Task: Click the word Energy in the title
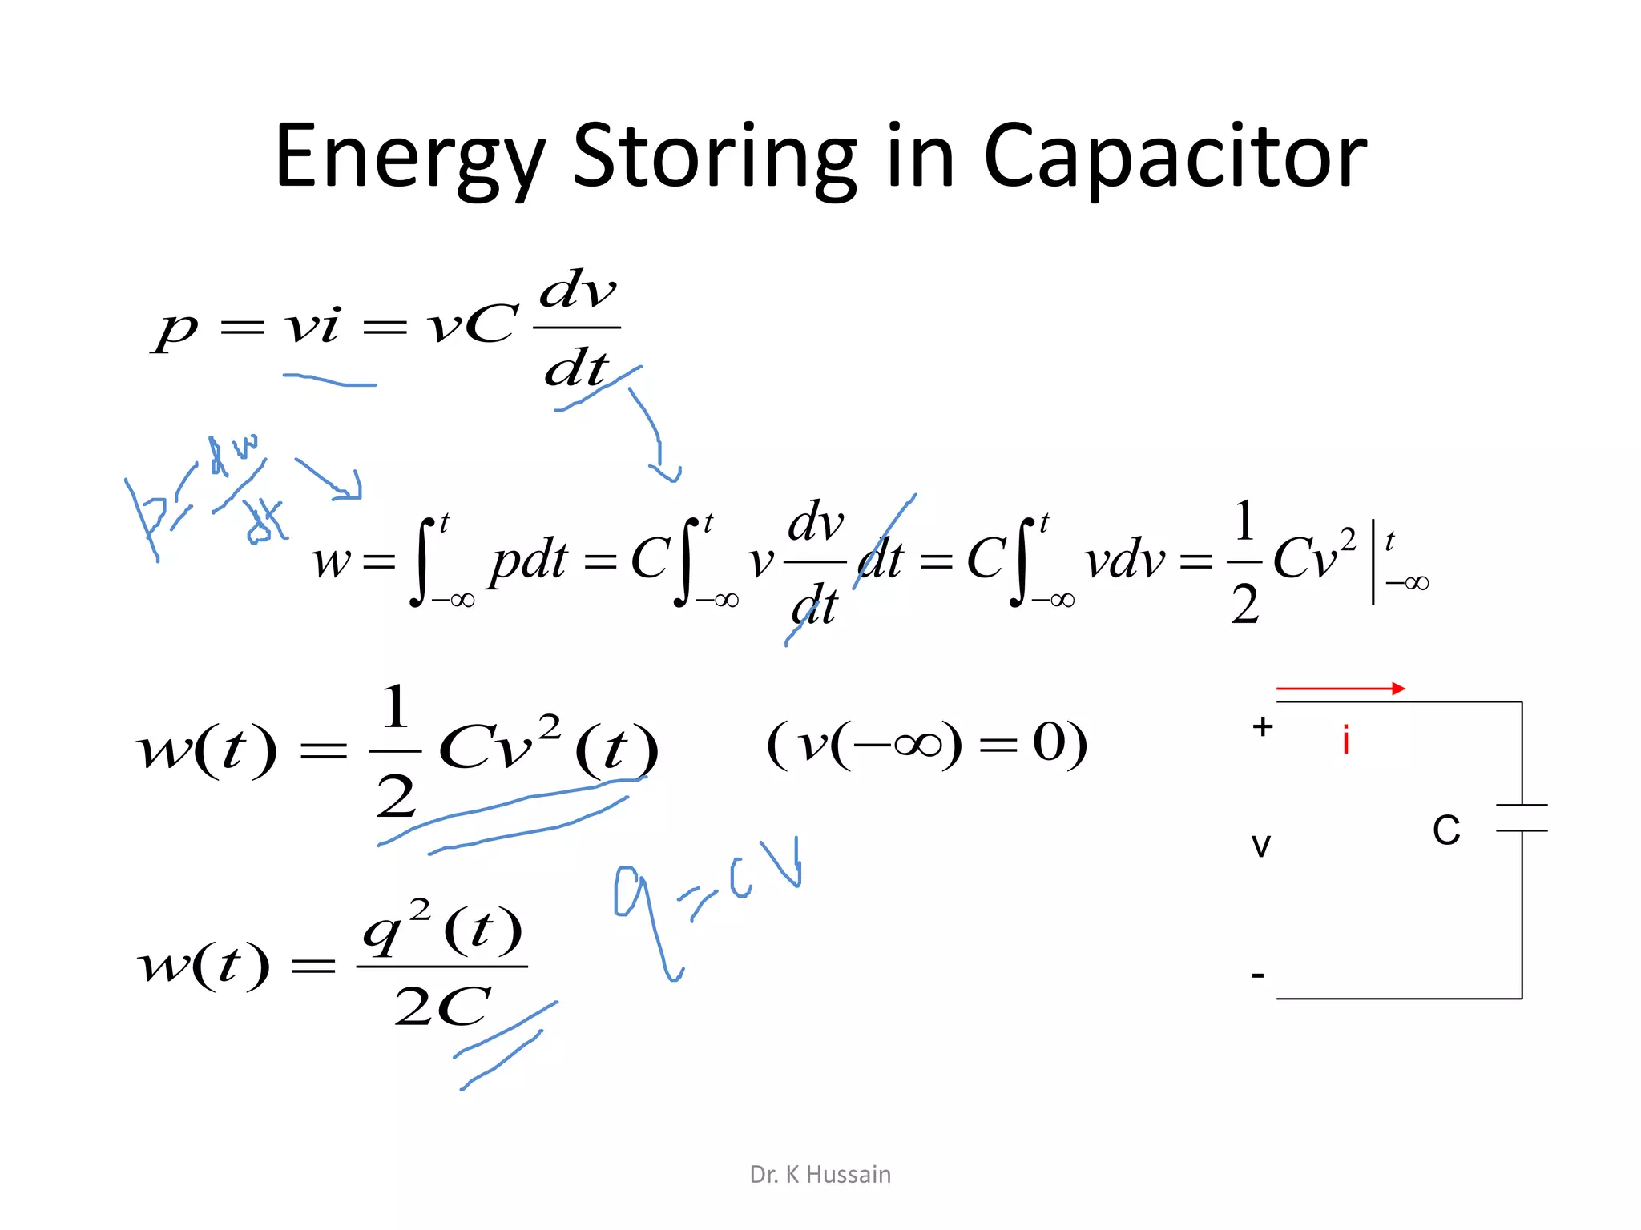point(409,157)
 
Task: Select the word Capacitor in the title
point(1175,157)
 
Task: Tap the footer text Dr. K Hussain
point(820,1174)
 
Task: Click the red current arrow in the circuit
point(1340,689)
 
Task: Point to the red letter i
point(1346,740)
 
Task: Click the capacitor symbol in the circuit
point(1522,818)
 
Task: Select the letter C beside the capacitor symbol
point(1446,830)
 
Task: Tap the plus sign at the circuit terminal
point(1263,727)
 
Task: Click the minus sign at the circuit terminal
point(1258,975)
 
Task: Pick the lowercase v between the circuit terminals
point(1261,844)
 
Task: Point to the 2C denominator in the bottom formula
point(441,1006)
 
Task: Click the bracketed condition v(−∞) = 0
point(927,744)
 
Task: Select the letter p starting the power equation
point(176,328)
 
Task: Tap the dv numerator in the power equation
point(578,290)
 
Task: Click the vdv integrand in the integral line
point(1124,561)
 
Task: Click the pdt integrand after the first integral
point(529,561)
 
